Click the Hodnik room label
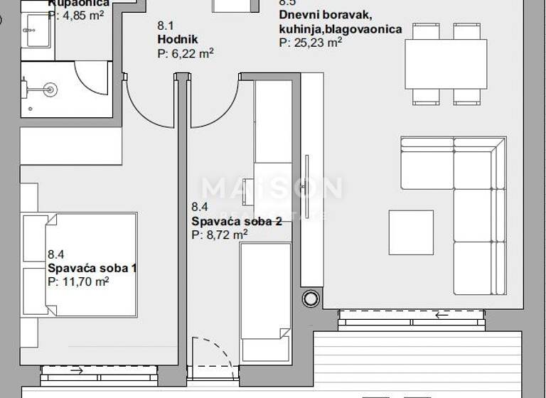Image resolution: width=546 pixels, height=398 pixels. coord(177,39)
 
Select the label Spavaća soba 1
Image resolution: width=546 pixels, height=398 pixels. coord(92,268)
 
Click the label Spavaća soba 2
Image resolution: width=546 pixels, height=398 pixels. coord(237,221)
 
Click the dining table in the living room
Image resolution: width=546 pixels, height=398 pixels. coord(446,64)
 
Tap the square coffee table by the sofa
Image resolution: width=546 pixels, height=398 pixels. coord(411,232)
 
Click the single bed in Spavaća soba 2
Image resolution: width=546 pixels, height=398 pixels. coord(264,302)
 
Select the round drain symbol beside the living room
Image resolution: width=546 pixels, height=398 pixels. coord(311,298)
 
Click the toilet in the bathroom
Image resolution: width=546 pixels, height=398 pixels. coord(44,89)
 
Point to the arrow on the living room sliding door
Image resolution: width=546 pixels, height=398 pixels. coord(442,315)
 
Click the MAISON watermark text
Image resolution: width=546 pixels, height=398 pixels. coord(272,189)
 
